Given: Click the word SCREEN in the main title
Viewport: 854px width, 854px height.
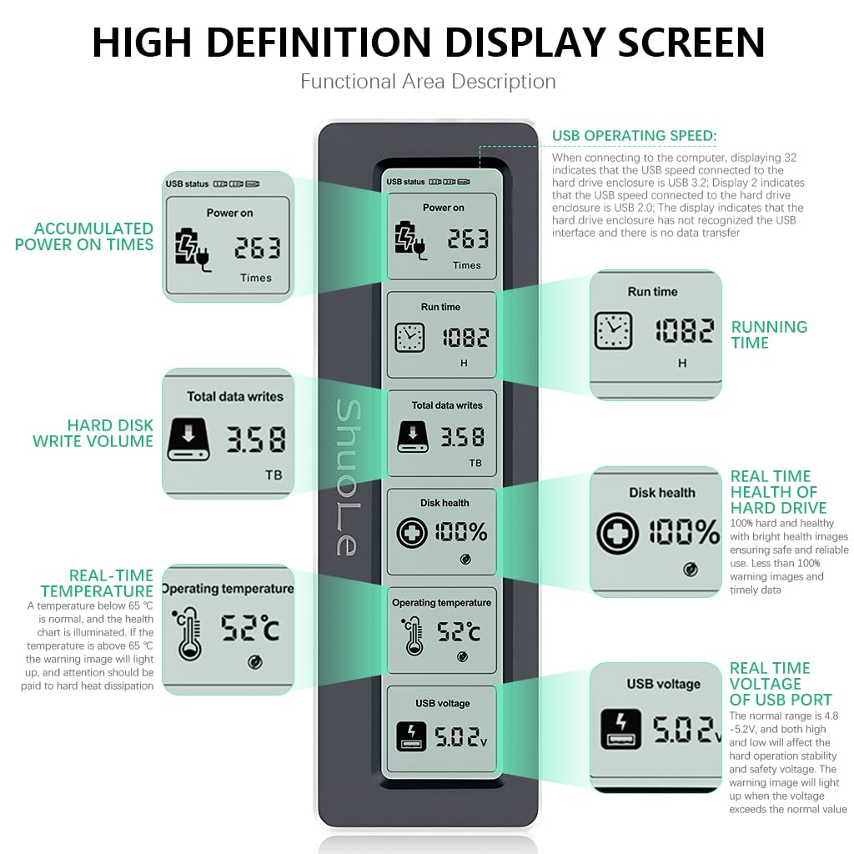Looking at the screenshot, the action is point(691,43).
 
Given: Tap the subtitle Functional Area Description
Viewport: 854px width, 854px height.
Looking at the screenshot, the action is point(428,82).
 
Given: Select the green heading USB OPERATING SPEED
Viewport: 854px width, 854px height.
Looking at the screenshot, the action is point(634,136).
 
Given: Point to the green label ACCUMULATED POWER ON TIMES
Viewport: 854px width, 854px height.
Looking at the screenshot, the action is point(84,236).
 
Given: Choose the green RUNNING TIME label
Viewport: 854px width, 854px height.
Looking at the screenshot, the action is point(769,334).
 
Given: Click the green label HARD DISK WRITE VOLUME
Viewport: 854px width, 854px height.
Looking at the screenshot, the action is point(93,433).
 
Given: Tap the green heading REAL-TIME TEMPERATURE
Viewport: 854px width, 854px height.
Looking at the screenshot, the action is point(97,583).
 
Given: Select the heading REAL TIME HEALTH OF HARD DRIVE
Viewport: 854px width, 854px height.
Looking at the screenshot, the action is point(778,492).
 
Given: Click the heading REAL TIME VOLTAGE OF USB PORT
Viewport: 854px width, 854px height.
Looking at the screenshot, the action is point(781,684).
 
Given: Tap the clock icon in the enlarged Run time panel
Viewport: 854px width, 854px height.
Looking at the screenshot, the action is point(613,330).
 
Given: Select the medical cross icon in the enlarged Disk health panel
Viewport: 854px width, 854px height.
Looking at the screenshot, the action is point(618,533).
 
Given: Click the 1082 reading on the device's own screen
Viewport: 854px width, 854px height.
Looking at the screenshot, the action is point(465,338).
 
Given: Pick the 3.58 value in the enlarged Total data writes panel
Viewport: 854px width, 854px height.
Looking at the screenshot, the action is point(256,440).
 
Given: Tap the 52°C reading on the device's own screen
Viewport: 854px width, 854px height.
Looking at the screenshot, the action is point(459,632).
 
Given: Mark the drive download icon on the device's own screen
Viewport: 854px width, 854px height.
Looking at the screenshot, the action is point(413,437).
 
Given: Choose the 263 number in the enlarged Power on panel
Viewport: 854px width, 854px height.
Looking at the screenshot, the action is point(257,248).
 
